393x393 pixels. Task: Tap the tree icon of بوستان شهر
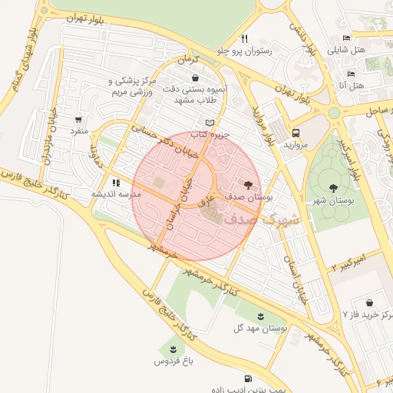(333, 188)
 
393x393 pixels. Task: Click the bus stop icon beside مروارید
(296, 132)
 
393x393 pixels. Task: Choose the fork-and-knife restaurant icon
(243, 38)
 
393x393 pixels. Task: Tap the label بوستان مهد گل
(260, 328)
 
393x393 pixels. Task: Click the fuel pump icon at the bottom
(247, 378)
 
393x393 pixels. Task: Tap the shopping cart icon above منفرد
(78, 120)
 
